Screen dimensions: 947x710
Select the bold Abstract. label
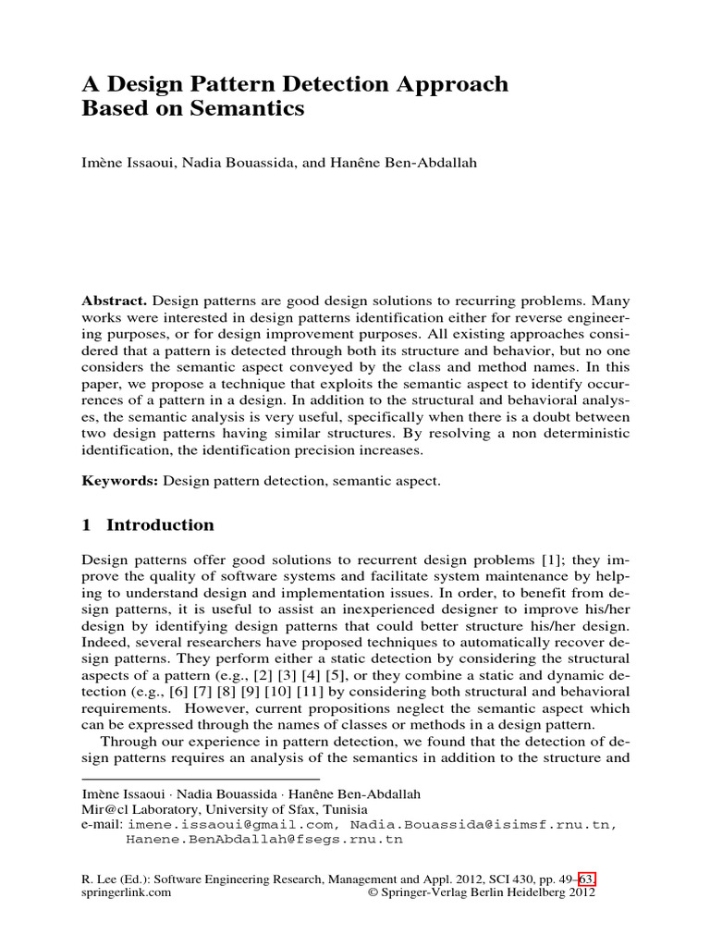(114, 301)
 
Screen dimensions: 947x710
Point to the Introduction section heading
(160, 525)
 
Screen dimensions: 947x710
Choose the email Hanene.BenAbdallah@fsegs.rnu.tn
(264, 841)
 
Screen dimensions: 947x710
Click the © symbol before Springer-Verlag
(373, 893)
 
